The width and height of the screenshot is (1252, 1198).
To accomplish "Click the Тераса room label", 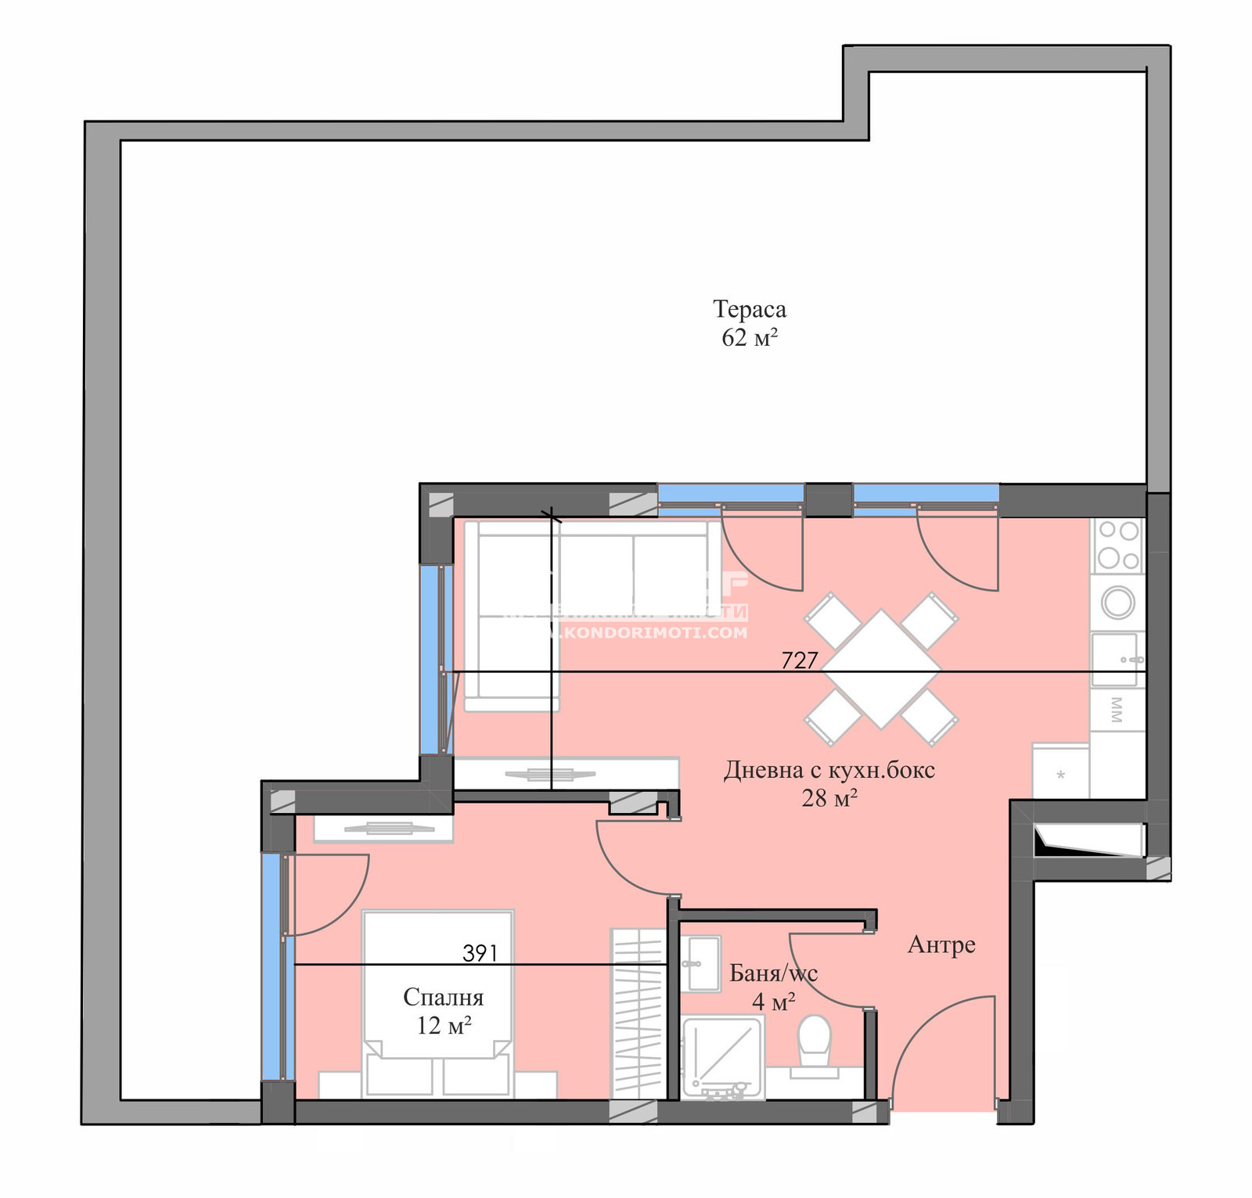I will pos(749,309).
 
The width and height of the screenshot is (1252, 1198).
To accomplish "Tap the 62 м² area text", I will pos(749,338).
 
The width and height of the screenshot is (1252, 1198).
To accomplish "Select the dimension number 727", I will pos(799,660).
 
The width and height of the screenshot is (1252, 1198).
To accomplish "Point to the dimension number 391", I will pos(480,952).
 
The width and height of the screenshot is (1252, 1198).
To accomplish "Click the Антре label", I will pos(941,944).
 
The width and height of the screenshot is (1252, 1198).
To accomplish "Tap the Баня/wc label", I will pos(773,973).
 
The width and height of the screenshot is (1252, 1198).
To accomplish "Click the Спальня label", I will pos(443,997).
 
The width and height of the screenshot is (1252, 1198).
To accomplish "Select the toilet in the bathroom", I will pos(814,1041).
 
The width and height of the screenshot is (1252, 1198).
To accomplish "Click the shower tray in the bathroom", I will pos(721,1056).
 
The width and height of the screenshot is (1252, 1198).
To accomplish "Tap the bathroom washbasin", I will pos(700,963).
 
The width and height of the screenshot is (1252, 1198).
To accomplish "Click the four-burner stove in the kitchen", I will pos(1117,545).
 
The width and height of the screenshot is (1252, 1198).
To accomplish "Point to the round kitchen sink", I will pos(1118,603).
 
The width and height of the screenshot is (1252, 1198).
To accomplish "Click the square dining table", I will pos(881,669).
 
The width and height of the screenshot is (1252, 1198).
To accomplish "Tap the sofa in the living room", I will pos(548,595).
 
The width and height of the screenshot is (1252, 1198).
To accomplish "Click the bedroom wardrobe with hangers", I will pos(638,1013).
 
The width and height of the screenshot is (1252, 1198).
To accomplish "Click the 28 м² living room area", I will pos(829,798).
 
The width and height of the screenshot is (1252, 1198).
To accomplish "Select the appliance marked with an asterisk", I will pos(1061,774).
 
